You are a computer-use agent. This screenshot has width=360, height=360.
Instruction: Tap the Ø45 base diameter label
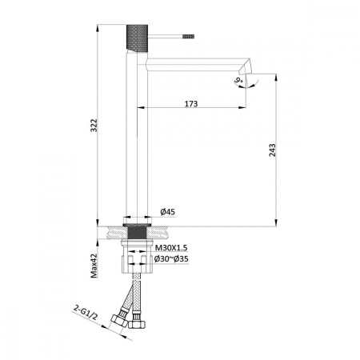click(x=169, y=212)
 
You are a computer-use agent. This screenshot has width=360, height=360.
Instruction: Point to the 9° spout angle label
click(x=239, y=80)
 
